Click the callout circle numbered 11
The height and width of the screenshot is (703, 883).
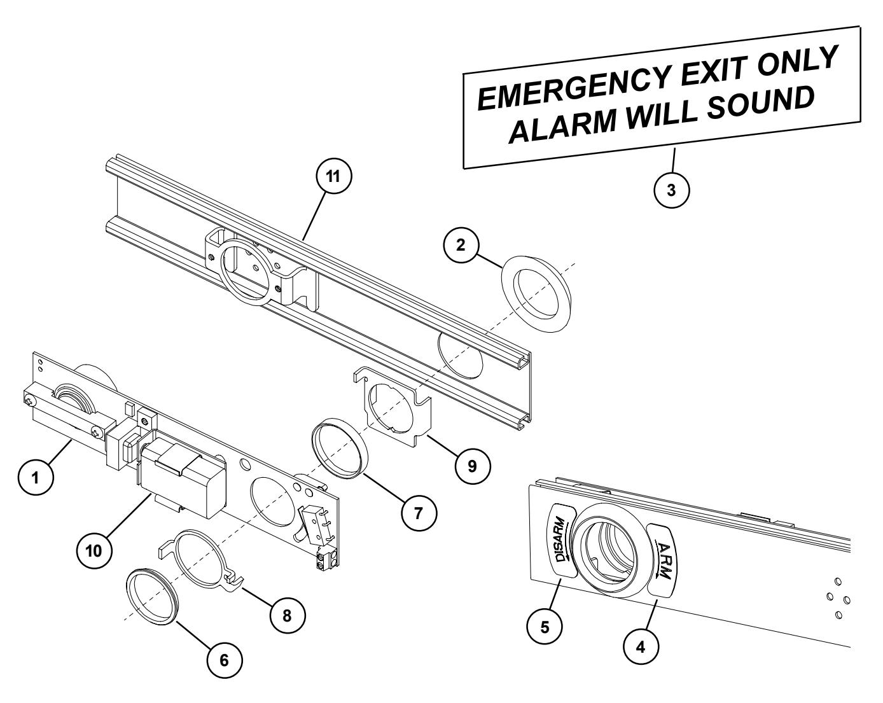point(334,179)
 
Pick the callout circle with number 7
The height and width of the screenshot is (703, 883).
point(419,513)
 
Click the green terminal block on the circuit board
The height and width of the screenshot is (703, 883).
point(325,560)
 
